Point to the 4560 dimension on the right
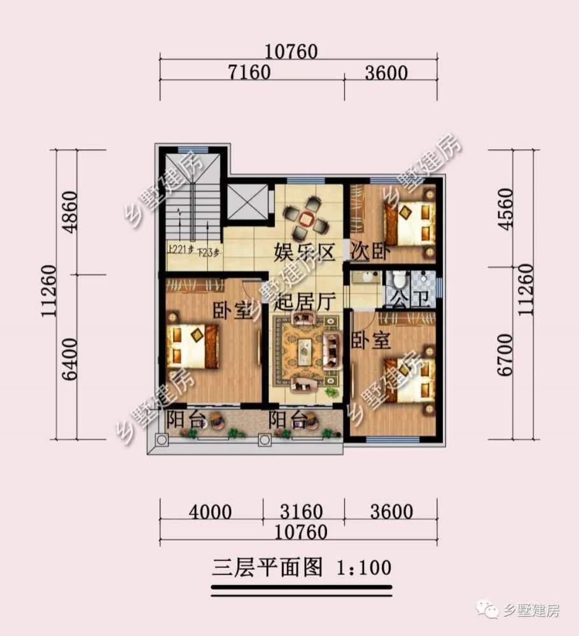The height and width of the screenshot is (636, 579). [x=506, y=210]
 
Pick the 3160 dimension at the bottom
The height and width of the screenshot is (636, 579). [x=302, y=511]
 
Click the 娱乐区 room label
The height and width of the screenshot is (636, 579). [x=304, y=253]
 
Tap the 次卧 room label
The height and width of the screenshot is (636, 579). [x=369, y=252]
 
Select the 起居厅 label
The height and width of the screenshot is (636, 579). [x=301, y=302]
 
